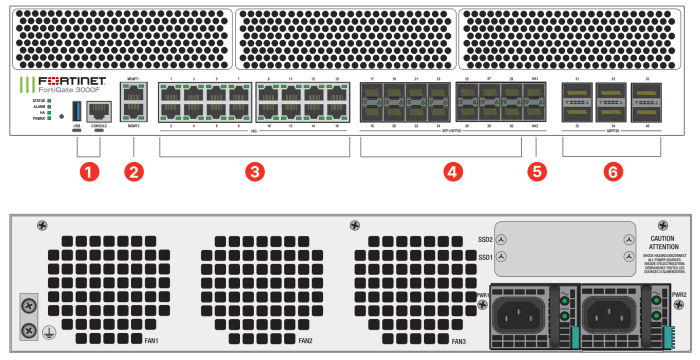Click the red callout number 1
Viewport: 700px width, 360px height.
coord(90,171)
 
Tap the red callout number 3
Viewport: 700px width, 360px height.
coord(255,171)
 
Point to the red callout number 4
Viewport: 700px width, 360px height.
coord(453,171)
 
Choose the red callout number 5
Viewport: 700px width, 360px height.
coord(536,171)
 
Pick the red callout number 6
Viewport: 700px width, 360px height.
coord(612,171)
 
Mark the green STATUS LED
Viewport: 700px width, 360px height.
coord(50,102)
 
